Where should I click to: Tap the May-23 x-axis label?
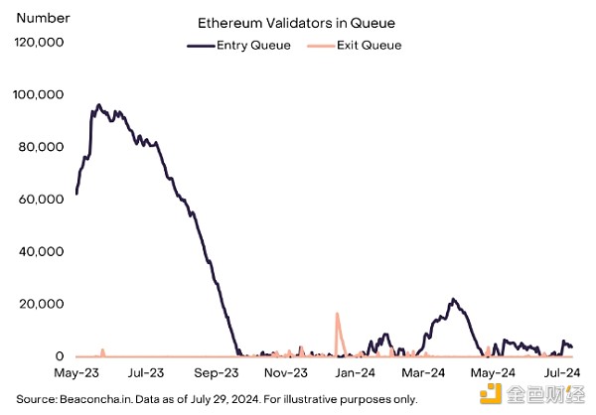[x=76, y=374]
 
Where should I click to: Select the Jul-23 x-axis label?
[x=145, y=374]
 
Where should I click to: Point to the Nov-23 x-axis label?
[x=285, y=374]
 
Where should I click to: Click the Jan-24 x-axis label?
[x=355, y=374]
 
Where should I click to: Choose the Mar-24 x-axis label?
[x=423, y=374]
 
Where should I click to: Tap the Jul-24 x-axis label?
[x=560, y=374]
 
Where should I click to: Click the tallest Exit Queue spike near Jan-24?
[x=337, y=315]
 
